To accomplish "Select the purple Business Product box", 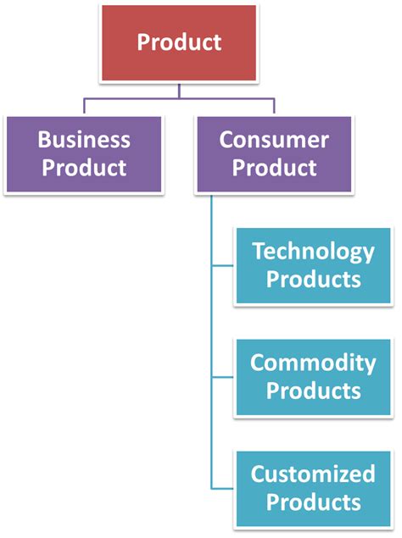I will click(85, 153).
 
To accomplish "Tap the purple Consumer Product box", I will click(274, 153).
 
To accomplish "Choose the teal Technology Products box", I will click(313, 265).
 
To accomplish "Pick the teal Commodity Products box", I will click(313, 377).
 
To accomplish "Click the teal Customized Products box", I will click(313, 487).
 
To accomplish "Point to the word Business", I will click(85, 139).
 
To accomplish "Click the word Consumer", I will click(274, 139).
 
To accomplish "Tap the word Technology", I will click(313, 252).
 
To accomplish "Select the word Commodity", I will click(313, 363).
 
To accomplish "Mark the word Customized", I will click(313, 474).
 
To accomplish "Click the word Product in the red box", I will click(179, 42).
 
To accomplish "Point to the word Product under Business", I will click(85, 167).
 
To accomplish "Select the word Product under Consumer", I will click(274, 167).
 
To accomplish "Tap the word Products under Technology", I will click(313, 279).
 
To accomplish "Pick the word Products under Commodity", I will click(313, 391).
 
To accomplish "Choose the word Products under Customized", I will click(313, 502).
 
